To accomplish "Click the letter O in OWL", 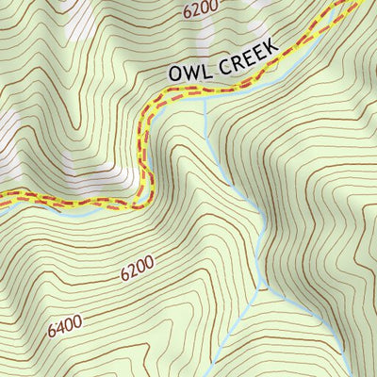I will tap(176, 74).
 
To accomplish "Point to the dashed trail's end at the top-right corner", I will tap(361, 3).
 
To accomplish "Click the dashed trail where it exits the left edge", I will tap(3, 197).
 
